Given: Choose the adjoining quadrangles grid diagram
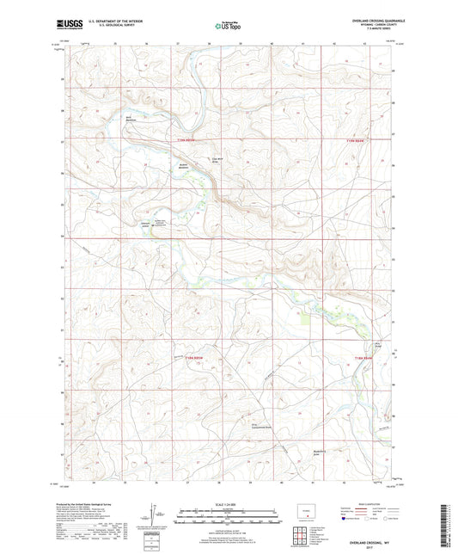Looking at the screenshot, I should [298, 535].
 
